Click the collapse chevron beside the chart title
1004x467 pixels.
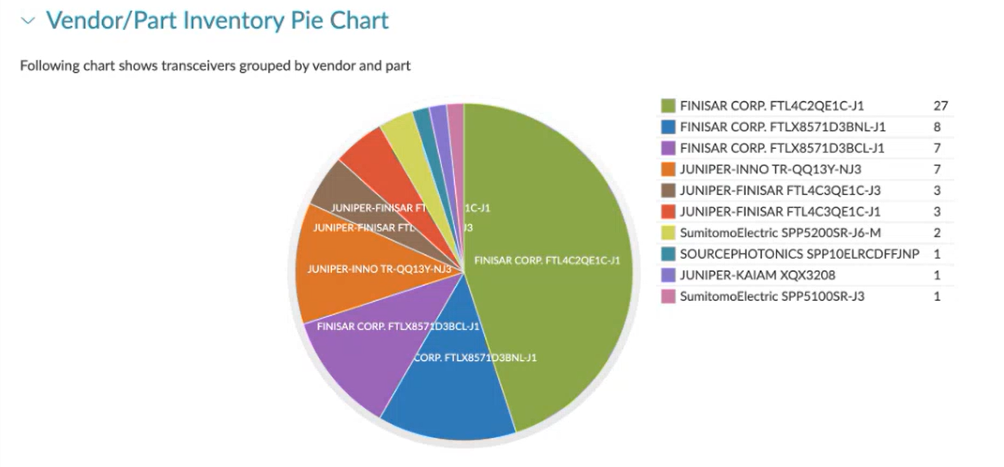(29, 21)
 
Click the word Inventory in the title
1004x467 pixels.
(223, 20)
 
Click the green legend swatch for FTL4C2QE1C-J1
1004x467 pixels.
(668, 106)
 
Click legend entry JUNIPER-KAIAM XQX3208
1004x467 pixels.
(758, 275)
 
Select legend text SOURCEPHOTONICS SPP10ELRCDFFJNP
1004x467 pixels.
(799, 254)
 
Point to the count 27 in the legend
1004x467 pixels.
(939, 106)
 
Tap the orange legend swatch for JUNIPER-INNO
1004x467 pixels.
(668, 169)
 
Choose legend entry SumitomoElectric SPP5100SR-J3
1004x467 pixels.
(772, 296)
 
